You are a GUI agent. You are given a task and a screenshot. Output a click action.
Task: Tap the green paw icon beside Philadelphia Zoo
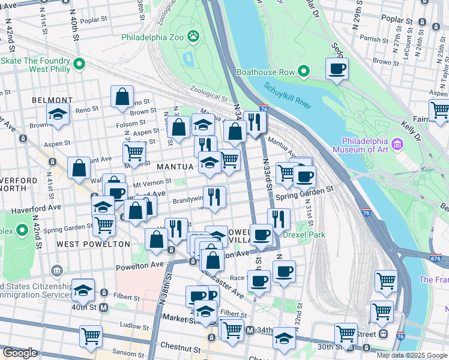pos(193,37)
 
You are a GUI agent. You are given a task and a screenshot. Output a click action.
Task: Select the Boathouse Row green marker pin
pos(304,72)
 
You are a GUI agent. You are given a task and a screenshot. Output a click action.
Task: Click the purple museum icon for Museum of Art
pos(397,144)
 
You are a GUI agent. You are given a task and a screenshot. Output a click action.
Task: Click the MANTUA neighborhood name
pos(175,166)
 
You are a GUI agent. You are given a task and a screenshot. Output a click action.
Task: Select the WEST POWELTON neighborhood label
pos(93,244)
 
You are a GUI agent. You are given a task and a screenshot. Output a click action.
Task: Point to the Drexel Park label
pos(304,235)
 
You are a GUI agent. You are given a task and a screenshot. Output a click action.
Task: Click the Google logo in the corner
pos(20,353)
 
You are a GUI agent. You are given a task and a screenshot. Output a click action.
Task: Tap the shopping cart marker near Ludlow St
pos(91,336)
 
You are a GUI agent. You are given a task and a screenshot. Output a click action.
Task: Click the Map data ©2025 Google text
pos(412,355)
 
